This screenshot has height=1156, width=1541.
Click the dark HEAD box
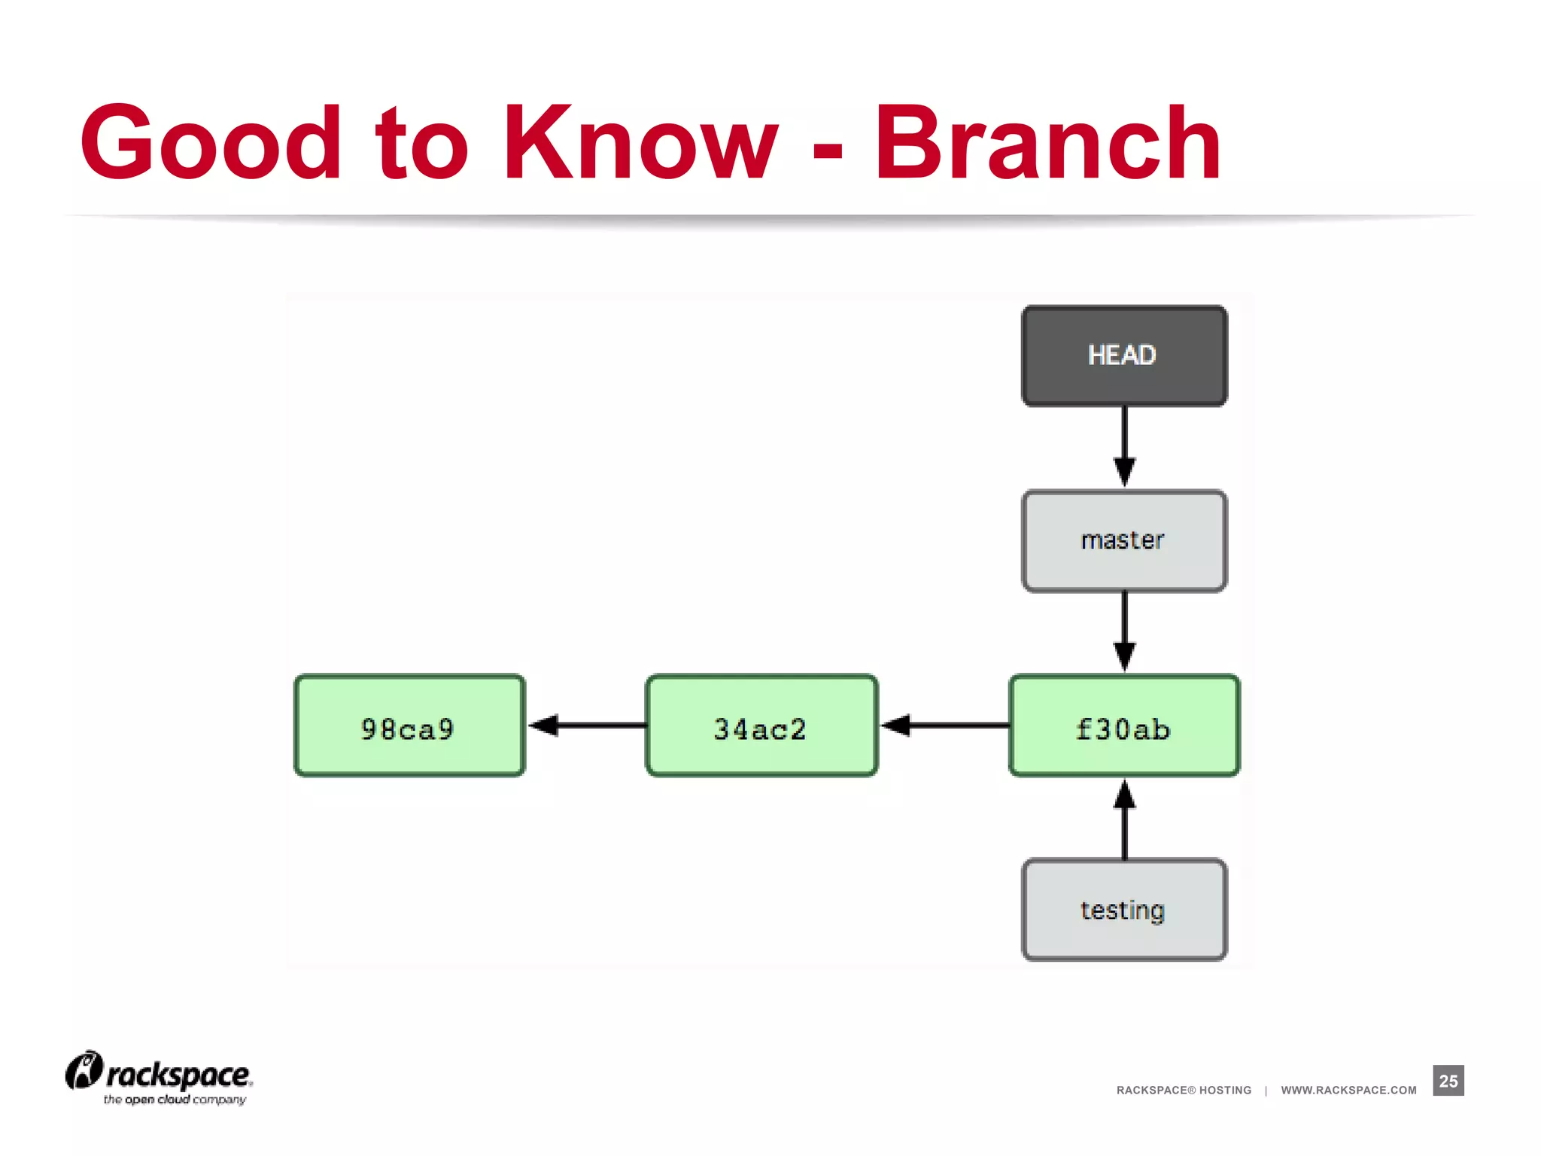tap(1123, 355)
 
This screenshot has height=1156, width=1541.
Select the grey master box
tap(1123, 540)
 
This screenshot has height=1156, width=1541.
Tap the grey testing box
tap(1123, 910)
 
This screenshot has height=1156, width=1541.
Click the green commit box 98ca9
tap(409, 726)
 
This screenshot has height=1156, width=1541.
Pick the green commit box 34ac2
tap(761, 726)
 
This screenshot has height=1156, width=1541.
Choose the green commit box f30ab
tap(1123, 726)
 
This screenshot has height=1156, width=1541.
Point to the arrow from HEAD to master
tap(1124, 447)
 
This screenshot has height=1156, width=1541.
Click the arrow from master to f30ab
tap(1124, 631)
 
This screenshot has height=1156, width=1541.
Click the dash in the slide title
tap(828, 149)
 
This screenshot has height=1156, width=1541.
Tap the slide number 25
tap(1448, 1081)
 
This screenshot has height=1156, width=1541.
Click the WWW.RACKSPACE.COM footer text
tap(1348, 1090)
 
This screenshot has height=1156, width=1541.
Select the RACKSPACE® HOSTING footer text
tap(1184, 1090)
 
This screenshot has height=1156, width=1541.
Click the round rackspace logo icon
tap(84, 1071)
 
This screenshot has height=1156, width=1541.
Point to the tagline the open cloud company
tap(175, 1100)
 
